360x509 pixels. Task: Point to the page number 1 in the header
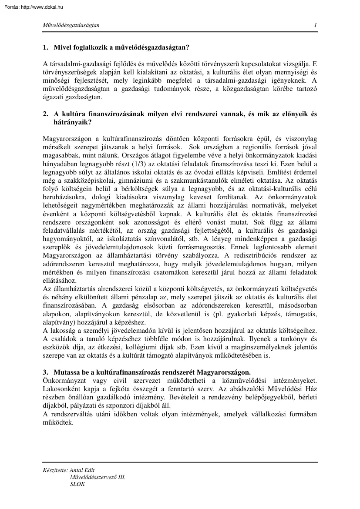click(x=315, y=25)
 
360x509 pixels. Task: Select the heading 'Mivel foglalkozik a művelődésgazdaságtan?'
click(x=121, y=47)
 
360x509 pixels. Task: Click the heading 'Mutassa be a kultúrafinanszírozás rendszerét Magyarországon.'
click(x=152, y=372)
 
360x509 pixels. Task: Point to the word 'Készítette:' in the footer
click(x=52, y=470)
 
